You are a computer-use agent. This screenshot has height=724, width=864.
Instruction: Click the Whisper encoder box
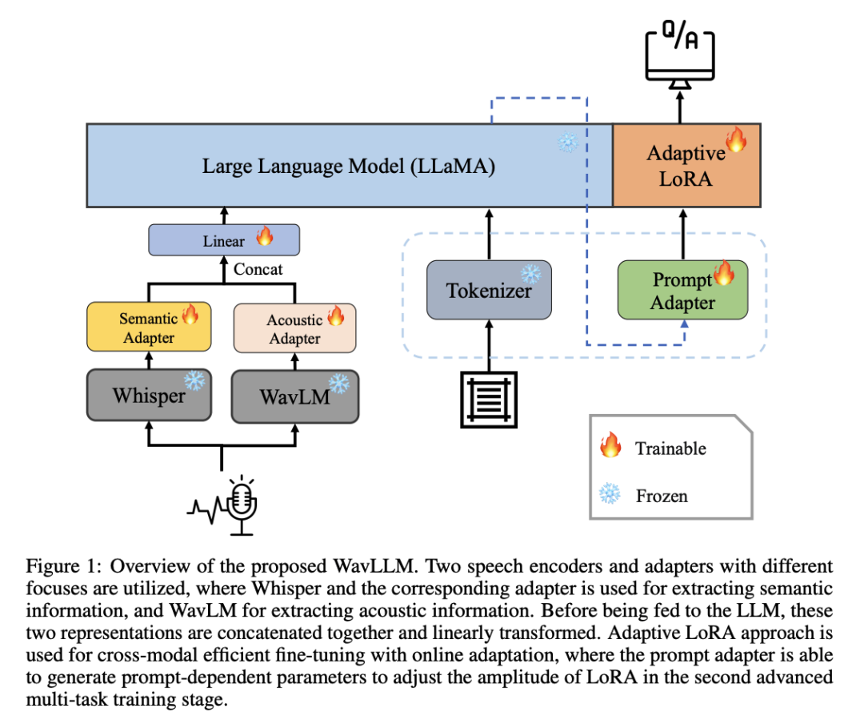coord(149,395)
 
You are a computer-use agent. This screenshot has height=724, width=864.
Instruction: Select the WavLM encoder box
coord(294,396)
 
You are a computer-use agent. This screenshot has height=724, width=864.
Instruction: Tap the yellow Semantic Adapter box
coord(149,327)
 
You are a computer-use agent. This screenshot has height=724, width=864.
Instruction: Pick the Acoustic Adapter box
coord(294,328)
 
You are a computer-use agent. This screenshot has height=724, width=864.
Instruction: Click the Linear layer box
coord(224,240)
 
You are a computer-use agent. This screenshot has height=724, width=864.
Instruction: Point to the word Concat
coord(258,269)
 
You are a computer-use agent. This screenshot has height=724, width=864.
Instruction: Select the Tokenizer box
coord(489,290)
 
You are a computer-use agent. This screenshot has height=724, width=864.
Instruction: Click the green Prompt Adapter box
coord(682,290)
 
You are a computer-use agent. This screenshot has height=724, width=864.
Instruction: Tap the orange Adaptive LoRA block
coord(686,166)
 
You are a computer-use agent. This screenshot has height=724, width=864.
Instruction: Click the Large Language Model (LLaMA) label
coord(348,166)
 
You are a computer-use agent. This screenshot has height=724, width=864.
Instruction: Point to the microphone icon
coord(242,505)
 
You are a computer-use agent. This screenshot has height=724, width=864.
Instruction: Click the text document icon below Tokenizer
coord(489,400)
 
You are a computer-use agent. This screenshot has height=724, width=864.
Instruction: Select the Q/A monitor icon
coord(680,54)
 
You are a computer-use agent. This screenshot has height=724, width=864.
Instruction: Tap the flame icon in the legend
coord(610,444)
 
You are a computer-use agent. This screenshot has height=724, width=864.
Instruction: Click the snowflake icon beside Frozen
coord(610,493)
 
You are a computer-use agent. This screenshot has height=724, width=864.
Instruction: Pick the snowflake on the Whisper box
coord(194,380)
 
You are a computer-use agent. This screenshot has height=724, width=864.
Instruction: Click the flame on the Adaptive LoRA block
coord(736,139)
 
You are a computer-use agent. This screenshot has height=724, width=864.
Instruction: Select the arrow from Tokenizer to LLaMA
coord(489,235)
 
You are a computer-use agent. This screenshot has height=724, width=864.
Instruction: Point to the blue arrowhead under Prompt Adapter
coord(684,324)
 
